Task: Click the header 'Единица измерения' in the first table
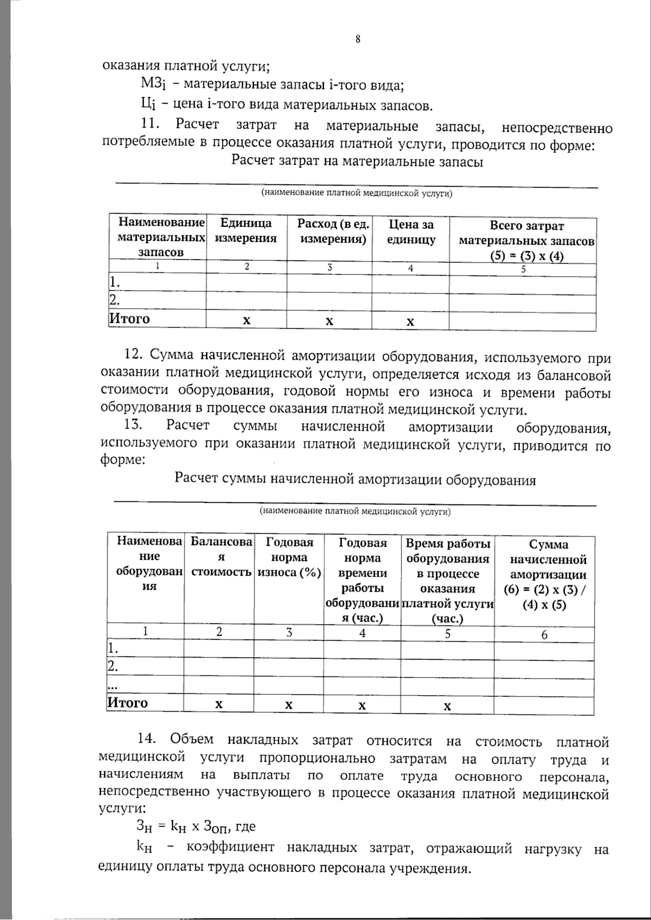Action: pos(246,231)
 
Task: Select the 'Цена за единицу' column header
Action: pos(411,232)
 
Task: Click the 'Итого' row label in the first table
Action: pos(129,318)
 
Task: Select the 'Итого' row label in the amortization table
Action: pos(127,702)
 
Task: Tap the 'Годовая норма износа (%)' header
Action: pos(289,558)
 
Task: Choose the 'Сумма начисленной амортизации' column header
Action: pos(548,574)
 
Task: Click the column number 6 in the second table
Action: pos(544,635)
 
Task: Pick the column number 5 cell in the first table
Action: pos(523,269)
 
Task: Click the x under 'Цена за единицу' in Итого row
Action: pos(410,322)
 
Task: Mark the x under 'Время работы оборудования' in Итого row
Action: pos(448,706)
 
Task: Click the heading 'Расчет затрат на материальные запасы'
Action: pos(357,162)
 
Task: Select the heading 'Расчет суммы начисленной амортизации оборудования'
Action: pos(355,480)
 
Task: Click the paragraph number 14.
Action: pos(146,739)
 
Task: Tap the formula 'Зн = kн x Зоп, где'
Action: pos(196,827)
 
